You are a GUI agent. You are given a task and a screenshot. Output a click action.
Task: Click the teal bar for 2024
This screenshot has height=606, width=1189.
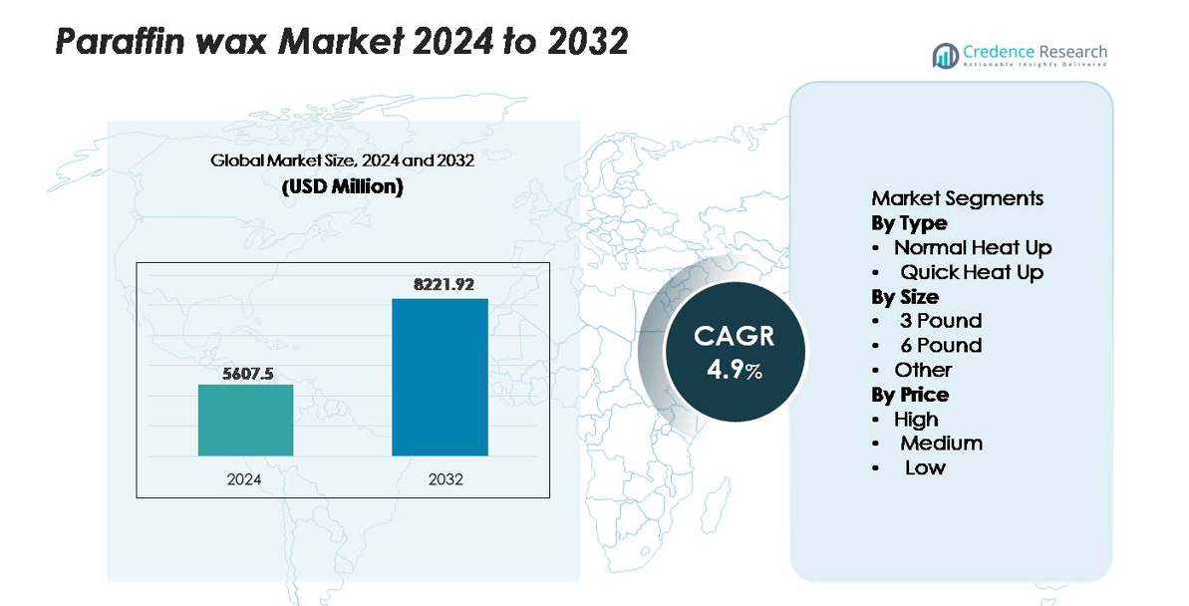245,420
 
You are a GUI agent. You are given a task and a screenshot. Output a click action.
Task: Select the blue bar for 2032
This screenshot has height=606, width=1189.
440,377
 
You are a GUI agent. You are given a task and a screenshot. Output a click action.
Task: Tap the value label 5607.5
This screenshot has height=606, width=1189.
245,374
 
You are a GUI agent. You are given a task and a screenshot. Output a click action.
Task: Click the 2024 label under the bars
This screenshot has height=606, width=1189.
244,479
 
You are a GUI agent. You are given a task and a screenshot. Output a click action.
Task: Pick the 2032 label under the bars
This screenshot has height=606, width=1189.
446,479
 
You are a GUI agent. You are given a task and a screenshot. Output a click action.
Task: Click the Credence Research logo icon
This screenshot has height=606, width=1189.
945,55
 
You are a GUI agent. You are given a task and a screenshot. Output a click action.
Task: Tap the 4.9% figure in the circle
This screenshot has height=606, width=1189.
735,370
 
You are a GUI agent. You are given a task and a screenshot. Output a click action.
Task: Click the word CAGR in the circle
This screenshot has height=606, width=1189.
735,336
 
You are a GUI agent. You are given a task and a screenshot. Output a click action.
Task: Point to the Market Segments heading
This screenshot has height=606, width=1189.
957,198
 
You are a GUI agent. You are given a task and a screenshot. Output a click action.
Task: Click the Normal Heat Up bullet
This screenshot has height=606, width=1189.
972,247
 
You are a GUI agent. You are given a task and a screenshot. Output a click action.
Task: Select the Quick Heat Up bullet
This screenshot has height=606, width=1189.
972,272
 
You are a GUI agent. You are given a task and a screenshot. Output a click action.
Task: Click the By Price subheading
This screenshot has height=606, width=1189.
910,395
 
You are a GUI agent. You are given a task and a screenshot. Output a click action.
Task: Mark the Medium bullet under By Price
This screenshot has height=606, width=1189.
941,444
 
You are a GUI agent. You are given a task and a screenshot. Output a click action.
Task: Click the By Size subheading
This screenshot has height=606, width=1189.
905,297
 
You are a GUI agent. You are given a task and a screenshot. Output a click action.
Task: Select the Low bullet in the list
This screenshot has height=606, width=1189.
925,467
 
